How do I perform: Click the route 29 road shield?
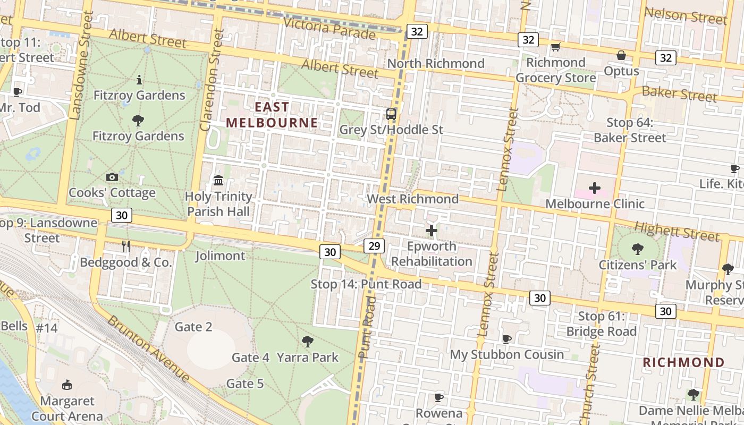coord(374,245)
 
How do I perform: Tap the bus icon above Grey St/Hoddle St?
coord(391,114)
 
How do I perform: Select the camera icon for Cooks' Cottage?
coord(112,177)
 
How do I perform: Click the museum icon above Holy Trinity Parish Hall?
coord(218,181)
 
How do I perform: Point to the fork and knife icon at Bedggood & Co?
coord(126,246)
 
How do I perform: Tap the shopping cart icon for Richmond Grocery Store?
coord(556,47)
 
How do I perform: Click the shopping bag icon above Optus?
coord(621,55)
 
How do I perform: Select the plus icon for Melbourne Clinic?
coord(595,188)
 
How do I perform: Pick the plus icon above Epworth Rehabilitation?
coord(432,231)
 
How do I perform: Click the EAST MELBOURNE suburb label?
coord(272,115)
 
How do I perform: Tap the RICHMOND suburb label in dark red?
coord(683,362)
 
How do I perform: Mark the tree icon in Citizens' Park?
coord(637,249)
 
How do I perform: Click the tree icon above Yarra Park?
coord(307,341)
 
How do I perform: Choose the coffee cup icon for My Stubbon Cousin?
coord(507,339)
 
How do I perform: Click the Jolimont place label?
coord(220,256)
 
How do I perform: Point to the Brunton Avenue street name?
coord(149,348)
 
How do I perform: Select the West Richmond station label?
coord(412,199)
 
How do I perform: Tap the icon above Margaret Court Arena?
coord(67,385)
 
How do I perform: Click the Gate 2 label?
coord(193,327)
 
